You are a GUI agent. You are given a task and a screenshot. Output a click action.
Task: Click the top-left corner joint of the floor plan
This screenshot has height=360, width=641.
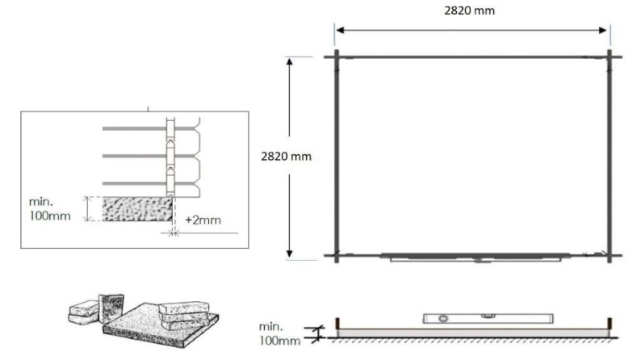(x=337, y=57)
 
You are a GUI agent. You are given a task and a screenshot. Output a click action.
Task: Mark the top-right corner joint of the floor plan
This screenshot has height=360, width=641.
(x=610, y=57)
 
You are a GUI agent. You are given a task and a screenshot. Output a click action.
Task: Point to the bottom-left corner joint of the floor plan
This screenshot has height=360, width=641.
(x=337, y=256)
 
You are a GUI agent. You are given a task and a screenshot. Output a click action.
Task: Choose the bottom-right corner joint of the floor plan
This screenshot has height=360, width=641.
(x=610, y=256)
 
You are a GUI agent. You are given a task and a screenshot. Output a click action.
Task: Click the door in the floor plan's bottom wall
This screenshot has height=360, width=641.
(x=481, y=258)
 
